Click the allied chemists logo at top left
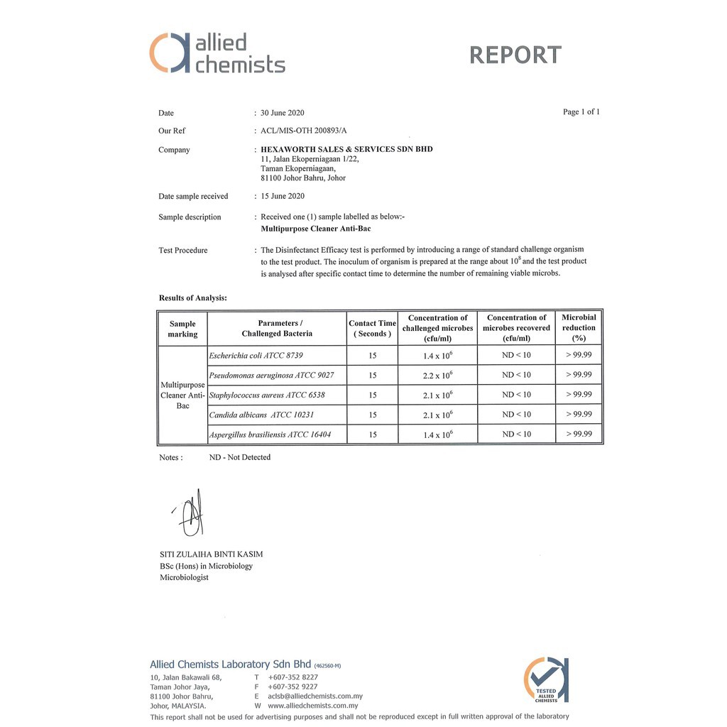(x=217, y=53)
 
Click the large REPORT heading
(x=515, y=55)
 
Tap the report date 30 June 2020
(x=283, y=113)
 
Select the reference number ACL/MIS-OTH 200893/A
(x=304, y=131)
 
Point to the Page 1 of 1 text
(x=581, y=112)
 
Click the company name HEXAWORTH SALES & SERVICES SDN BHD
(x=346, y=149)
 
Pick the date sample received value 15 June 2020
(x=283, y=196)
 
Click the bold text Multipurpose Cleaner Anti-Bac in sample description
(x=316, y=229)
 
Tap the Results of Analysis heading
(x=192, y=298)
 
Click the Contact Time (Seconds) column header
(x=372, y=328)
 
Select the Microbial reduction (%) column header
(x=579, y=327)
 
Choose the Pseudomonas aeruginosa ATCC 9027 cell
(x=271, y=375)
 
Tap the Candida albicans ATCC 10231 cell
(x=261, y=415)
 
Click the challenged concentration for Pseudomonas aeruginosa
(x=437, y=375)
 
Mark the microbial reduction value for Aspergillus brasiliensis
(x=579, y=434)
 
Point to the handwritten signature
(x=190, y=515)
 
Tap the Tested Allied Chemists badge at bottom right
(x=546, y=680)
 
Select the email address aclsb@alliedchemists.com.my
(x=315, y=696)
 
